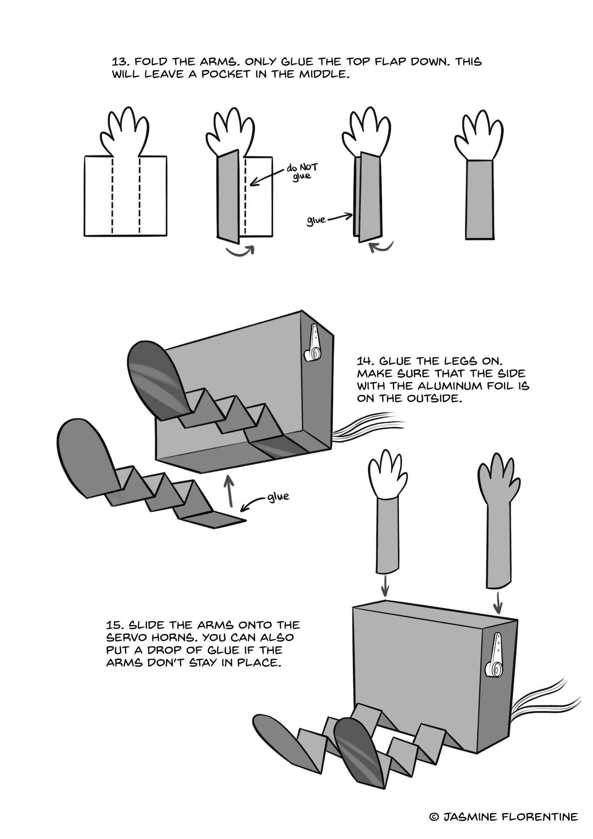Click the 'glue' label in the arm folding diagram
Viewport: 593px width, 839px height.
click(316, 220)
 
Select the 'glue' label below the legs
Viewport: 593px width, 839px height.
click(278, 497)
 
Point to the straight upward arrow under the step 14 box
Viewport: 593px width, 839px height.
click(229, 491)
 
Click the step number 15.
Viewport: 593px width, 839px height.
click(115, 625)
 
